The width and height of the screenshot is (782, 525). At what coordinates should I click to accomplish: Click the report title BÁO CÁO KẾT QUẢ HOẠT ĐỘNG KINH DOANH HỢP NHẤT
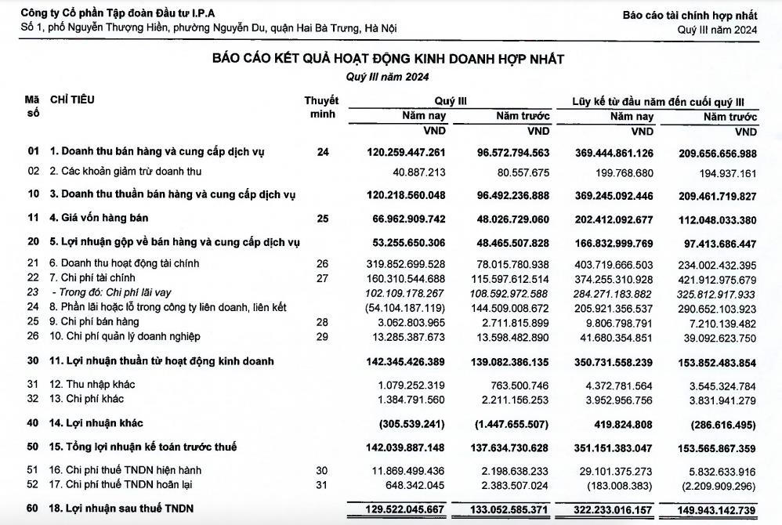coord(389,60)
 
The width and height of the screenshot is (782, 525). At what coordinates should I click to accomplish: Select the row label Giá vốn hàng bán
coord(99,218)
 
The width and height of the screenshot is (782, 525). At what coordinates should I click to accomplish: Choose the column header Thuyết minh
coord(321,107)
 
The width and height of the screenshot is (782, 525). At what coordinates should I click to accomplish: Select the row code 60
coord(32,509)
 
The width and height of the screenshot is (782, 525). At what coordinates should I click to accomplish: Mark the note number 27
coord(323,278)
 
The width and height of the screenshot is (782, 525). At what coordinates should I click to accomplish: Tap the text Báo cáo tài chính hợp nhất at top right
coord(690,15)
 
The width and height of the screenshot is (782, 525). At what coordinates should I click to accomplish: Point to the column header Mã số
coord(32,107)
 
